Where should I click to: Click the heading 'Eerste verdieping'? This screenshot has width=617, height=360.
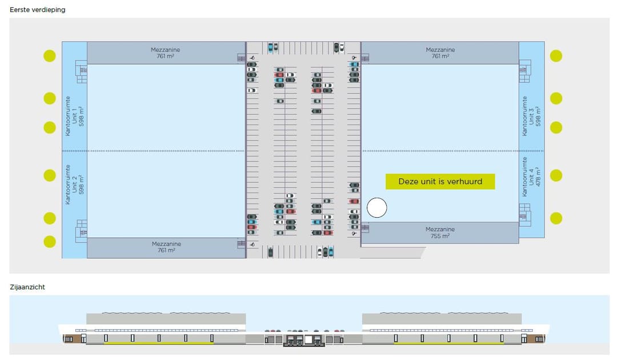pyautogui.click(x=38, y=10)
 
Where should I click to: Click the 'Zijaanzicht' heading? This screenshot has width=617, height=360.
pyautogui.click(x=27, y=287)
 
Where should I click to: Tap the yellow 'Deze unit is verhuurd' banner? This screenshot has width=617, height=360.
pyautogui.click(x=440, y=182)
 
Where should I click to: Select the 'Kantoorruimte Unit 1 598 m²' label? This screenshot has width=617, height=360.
pyautogui.click(x=75, y=115)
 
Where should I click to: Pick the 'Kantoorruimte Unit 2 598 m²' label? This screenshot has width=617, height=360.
pyautogui.click(x=75, y=184)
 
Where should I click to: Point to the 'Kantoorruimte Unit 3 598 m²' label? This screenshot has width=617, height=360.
pyautogui.click(x=531, y=115)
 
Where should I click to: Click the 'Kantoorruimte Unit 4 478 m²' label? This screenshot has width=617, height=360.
pyautogui.click(x=531, y=177)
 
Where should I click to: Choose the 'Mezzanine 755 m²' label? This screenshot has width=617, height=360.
pyautogui.click(x=440, y=233)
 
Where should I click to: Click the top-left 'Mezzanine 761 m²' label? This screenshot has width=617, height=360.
pyautogui.click(x=166, y=53)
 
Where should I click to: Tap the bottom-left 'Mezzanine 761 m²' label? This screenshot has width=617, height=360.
pyautogui.click(x=166, y=247)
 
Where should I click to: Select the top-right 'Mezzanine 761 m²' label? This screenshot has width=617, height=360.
pyautogui.click(x=440, y=53)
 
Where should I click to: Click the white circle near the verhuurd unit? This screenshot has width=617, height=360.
pyautogui.click(x=376, y=208)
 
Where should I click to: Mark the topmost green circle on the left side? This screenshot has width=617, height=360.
pyautogui.click(x=50, y=56)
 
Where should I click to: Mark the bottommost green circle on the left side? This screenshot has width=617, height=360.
pyautogui.click(x=50, y=241)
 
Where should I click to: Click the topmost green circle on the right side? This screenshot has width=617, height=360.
pyautogui.click(x=556, y=56)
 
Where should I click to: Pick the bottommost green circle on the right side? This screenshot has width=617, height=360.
pyautogui.click(x=556, y=218)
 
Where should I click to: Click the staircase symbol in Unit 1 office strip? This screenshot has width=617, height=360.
pyautogui.click(x=82, y=71)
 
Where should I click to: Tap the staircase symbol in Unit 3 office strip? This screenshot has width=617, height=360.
pyautogui.click(x=524, y=70)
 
